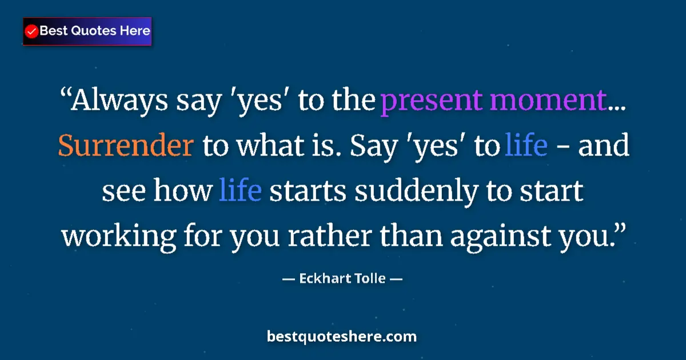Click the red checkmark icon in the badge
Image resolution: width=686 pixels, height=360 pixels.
32,31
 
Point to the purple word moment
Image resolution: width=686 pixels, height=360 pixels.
548,102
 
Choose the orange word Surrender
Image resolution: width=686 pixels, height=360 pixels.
125,146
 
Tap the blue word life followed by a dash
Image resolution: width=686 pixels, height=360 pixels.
527,146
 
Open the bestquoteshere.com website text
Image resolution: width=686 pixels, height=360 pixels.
342,337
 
